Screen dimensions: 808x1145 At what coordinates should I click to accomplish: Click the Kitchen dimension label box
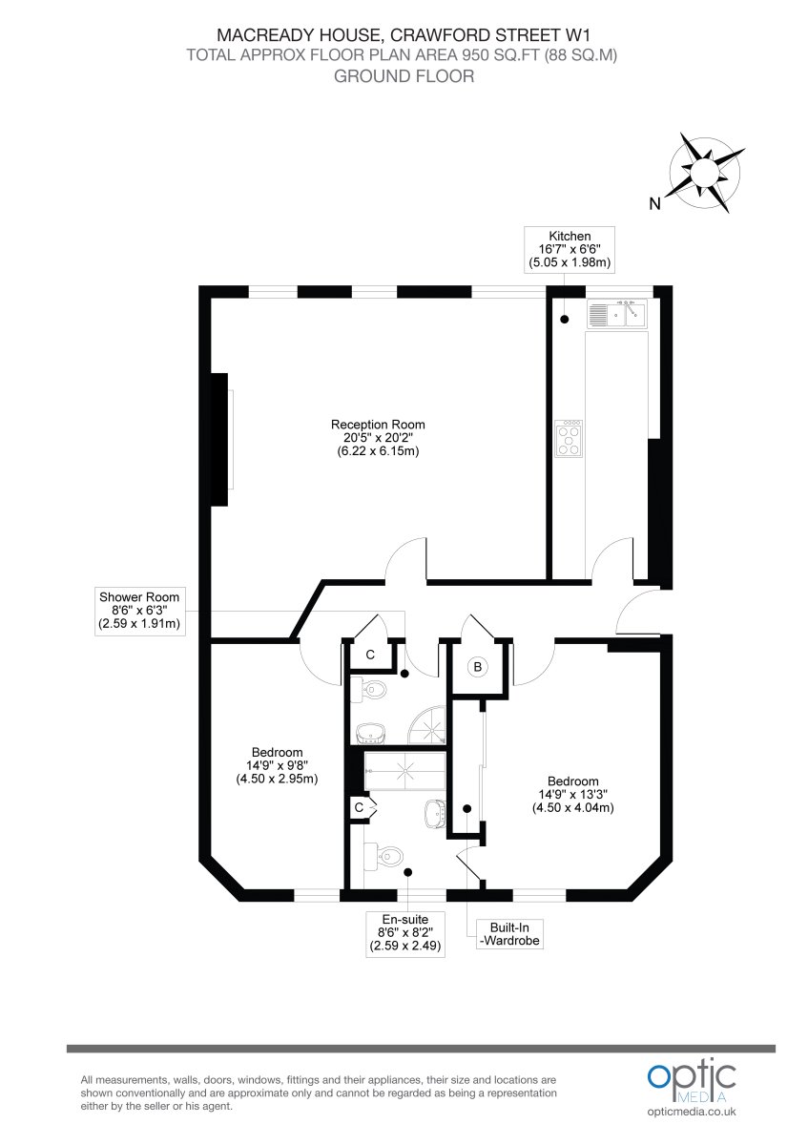569,249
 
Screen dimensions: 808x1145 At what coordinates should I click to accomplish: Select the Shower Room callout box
139,611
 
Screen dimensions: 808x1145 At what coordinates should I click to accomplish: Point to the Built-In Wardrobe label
509,934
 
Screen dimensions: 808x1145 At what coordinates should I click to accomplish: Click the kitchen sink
616,313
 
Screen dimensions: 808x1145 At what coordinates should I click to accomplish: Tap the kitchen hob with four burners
569,439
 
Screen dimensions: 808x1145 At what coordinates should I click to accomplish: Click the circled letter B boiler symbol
477,667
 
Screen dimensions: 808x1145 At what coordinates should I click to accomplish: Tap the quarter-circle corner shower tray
427,725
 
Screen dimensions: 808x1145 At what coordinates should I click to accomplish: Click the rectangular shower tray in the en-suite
404,770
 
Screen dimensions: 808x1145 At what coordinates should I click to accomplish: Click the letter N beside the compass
654,204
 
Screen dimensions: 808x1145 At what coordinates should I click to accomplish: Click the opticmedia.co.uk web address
692,1112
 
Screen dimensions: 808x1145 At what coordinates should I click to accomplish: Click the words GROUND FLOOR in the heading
404,76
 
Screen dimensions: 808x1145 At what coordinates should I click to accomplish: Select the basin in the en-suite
436,813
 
